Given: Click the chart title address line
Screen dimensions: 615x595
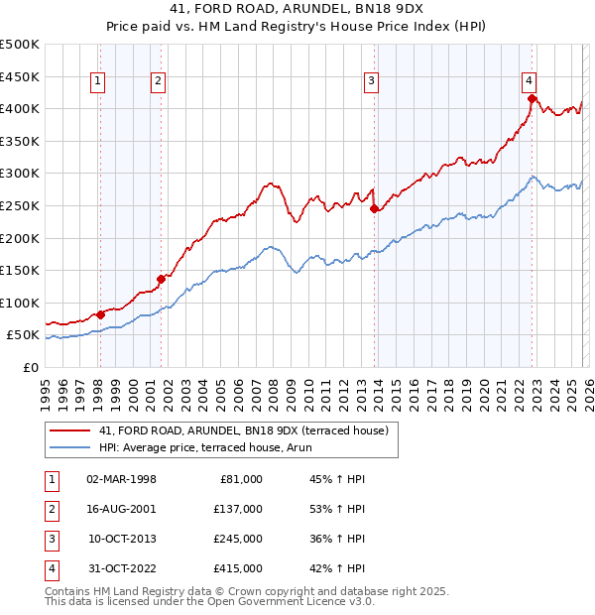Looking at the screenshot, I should (x=297, y=10).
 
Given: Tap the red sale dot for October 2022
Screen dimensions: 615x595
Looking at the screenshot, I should (x=533, y=98).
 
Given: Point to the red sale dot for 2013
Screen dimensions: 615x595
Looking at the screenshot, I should (x=374, y=208).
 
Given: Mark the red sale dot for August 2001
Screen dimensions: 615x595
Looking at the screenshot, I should (x=161, y=279).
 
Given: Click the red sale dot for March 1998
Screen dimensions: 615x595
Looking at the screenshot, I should (x=100, y=315).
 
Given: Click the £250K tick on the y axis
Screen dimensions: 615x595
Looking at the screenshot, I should (x=20, y=205).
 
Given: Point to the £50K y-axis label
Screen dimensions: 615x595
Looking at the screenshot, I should (x=24, y=335).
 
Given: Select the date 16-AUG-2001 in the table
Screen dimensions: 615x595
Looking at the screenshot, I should (x=121, y=509).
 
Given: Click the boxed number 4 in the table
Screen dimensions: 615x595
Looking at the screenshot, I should (x=51, y=568).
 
